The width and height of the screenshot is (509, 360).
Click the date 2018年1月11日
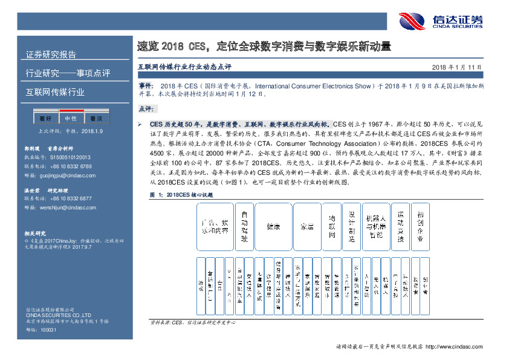(458, 67)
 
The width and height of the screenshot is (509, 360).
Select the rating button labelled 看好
(46, 119)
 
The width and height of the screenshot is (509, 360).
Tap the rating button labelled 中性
(71, 119)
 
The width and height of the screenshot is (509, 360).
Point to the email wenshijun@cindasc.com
(58, 207)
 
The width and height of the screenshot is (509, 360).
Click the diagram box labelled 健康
(274, 227)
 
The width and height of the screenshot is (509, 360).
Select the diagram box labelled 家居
(308, 227)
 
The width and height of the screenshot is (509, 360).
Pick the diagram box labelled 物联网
(332, 227)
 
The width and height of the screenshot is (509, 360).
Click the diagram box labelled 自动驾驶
(244, 227)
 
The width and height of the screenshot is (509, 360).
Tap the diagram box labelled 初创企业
(421, 227)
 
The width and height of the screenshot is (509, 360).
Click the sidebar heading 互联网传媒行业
(55, 93)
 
